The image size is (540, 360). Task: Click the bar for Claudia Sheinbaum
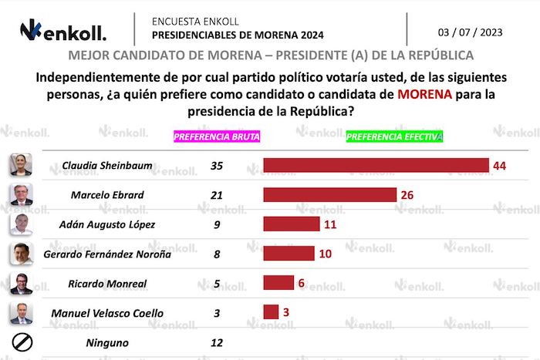(376, 165)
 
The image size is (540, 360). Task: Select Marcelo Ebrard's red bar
(329, 194)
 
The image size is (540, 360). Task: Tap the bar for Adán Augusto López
(291, 224)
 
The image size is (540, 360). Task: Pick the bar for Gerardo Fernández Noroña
(289, 253)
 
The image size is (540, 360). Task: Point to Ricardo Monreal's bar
(279, 282)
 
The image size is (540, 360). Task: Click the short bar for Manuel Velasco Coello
(271, 312)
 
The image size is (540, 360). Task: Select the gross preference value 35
(216, 165)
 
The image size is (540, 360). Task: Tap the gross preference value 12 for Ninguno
(216, 342)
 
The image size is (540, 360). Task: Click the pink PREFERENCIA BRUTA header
(217, 136)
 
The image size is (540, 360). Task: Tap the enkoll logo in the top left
(63, 32)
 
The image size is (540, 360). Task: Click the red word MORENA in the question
(424, 96)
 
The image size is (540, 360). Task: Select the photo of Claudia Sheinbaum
(19, 164)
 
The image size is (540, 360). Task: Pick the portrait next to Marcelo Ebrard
(19, 194)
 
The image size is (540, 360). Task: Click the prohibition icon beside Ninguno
(19, 342)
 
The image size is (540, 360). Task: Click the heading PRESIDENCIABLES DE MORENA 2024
(238, 35)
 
